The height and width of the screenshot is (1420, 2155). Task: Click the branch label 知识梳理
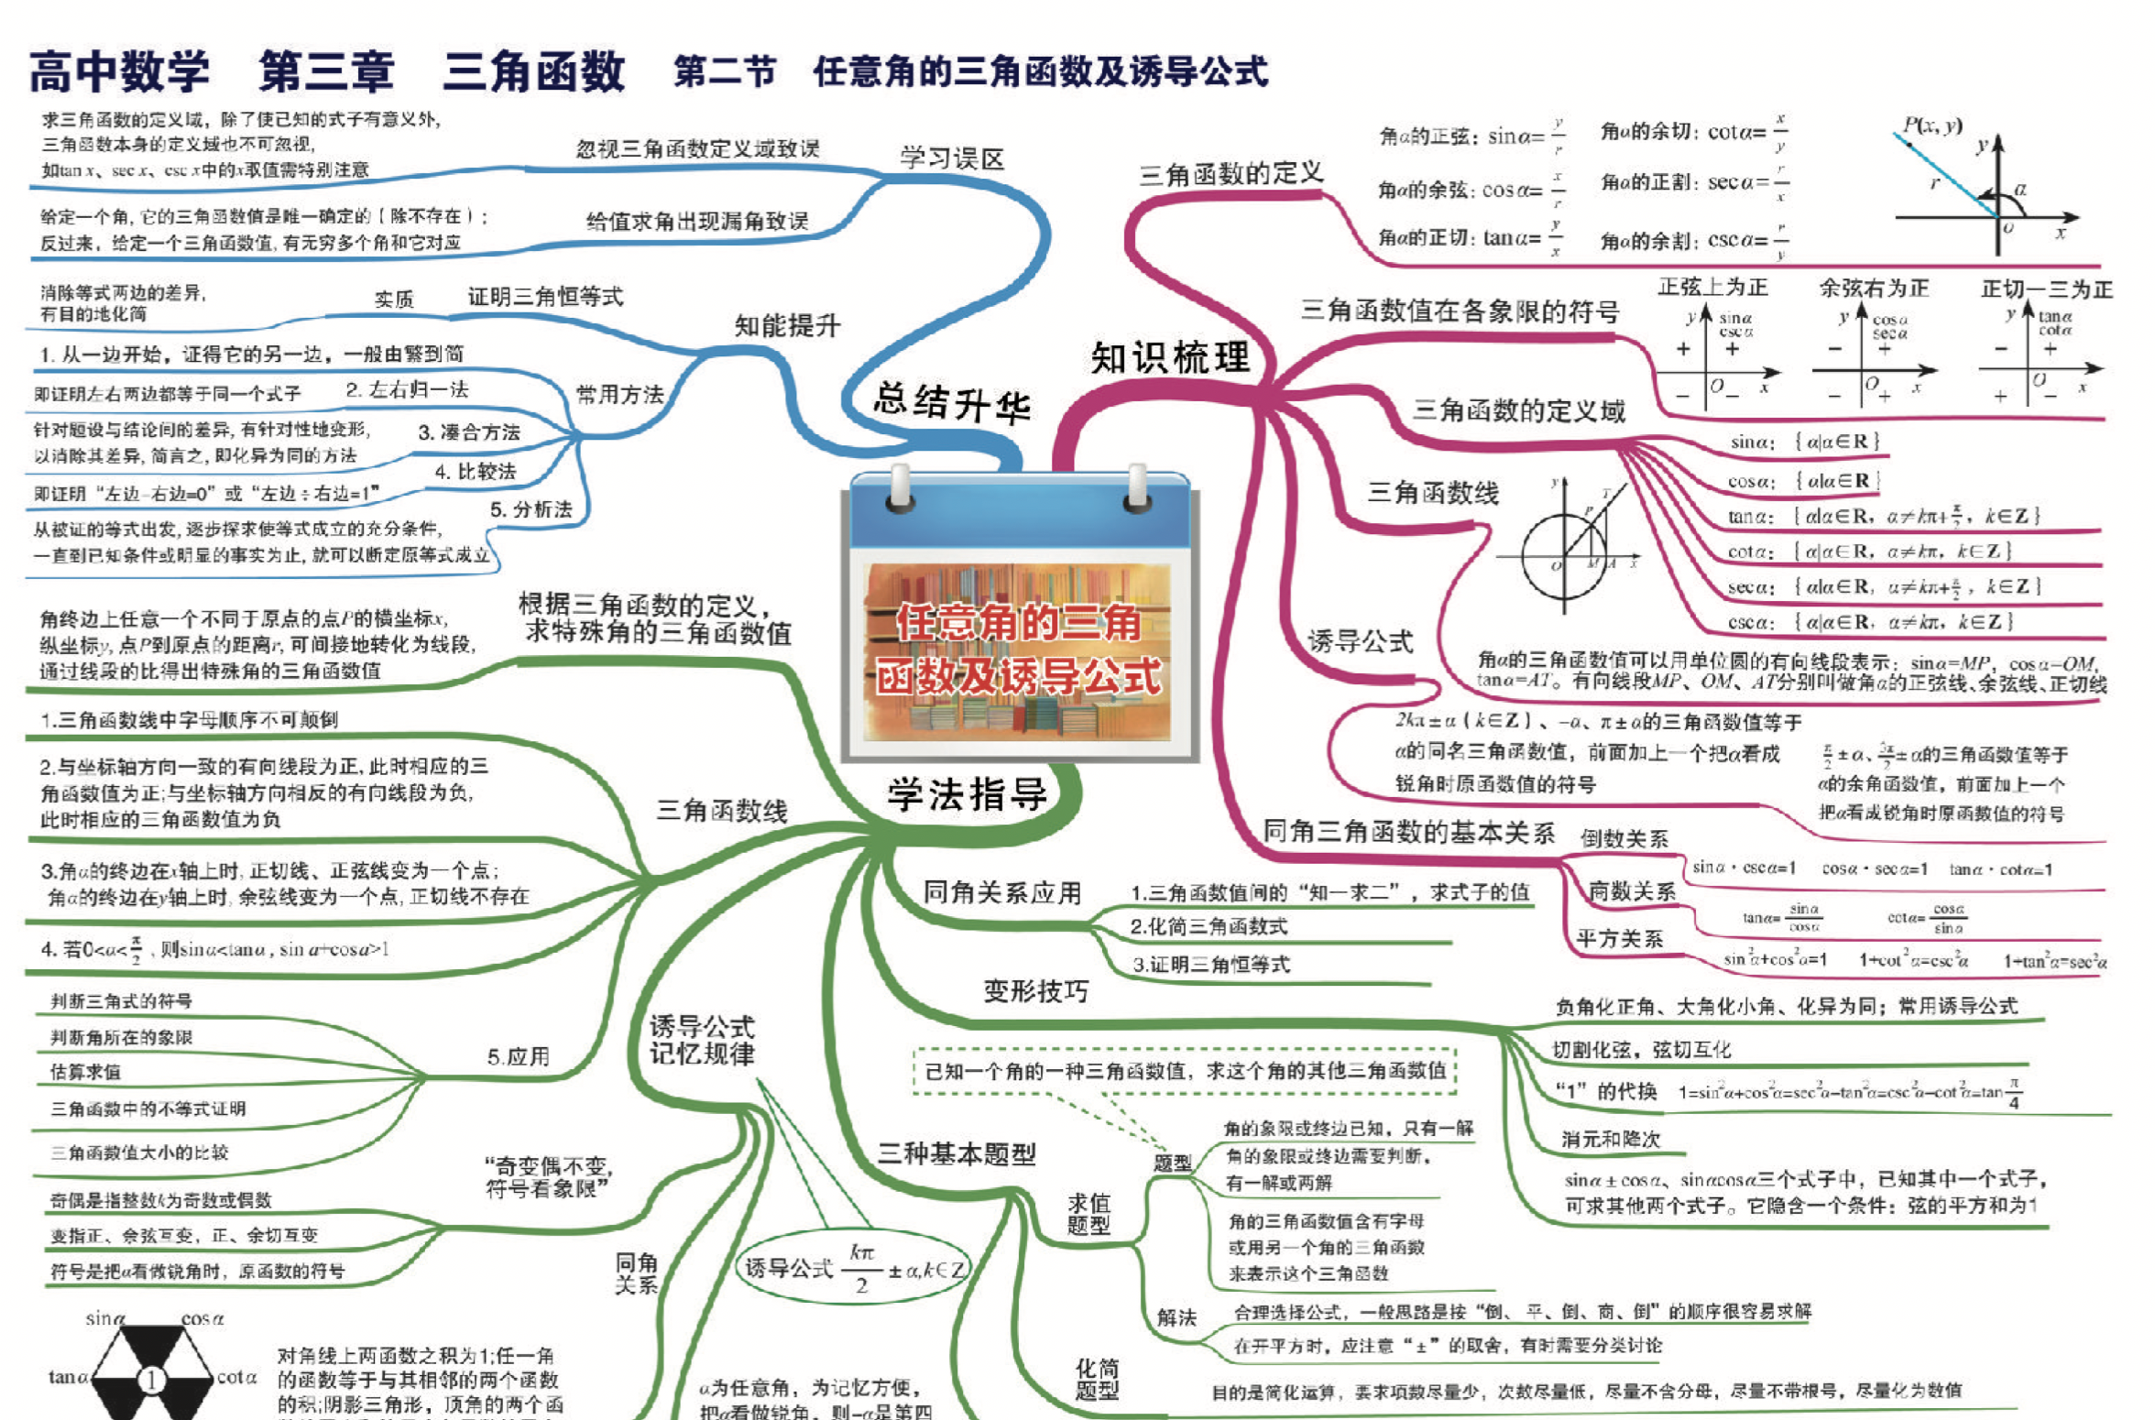coord(1170,357)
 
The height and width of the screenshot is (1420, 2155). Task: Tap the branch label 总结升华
coord(952,402)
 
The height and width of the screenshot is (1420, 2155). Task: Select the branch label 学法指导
coord(967,793)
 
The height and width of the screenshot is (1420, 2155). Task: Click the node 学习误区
coord(952,158)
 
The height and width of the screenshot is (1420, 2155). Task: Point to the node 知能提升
coord(787,325)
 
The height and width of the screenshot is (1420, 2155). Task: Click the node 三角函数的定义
coord(1231,173)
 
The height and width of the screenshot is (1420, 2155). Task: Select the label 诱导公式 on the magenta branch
coord(1361,641)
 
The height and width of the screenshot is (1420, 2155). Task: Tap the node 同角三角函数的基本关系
coord(1408,832)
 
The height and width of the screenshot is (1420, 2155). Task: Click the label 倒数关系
coord(1624,838)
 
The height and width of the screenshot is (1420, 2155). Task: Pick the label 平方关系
coord(1619,938)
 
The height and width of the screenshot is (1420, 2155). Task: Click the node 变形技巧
coord(1035,990)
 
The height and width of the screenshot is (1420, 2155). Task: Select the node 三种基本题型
coord(956,1153)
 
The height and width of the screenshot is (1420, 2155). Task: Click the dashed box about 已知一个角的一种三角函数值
coord(1185,1071)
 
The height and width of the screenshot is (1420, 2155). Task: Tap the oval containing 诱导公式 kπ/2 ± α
coord(853,1268)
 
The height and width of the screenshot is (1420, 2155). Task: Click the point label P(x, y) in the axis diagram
coord(1931,126)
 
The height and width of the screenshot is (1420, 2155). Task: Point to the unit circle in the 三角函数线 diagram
coord(1564,556)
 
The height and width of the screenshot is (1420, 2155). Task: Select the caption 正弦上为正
coord(1712,288)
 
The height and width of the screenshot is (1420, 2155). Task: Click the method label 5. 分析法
coord(531,509)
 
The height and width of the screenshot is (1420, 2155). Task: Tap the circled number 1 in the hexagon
coord(152,1378)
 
